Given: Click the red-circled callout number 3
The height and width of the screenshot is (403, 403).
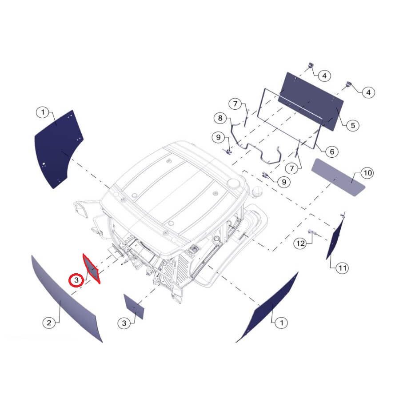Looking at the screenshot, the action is [x=76, y=280].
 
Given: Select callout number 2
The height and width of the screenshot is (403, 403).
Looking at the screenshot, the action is [x=49, y=323].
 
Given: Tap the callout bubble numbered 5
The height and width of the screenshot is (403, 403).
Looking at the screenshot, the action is [x=353, y=125].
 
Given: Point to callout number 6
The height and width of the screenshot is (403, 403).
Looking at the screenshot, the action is [x=332, y=152].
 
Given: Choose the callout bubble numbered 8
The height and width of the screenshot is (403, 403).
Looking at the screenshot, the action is [x=220, y=118].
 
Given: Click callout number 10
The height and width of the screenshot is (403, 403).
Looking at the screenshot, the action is [x=367, y=173].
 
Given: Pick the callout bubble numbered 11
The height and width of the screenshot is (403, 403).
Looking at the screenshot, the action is [x=342, y=268].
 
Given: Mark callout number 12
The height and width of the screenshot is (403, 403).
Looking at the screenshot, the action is [x=300, y=243].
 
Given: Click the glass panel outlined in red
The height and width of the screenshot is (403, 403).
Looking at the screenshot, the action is [x=91, y=268].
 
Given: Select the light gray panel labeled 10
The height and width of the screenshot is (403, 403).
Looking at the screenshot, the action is [x=338, y=177].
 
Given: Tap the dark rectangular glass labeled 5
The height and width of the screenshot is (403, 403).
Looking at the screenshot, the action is [x=311, y=101].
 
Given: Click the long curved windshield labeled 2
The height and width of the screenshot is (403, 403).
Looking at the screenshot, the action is [x=67, y=298].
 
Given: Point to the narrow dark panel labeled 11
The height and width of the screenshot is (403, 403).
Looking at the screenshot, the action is [x=335, y=238].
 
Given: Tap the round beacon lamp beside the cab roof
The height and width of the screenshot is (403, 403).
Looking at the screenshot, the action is [x=257, y=192].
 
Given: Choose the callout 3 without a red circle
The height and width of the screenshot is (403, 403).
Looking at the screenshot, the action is [x=124, y=323].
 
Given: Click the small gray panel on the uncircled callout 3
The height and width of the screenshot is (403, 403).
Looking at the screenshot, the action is [x=134, y=307].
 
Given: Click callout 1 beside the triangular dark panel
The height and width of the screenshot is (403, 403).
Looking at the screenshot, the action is [x=282, y=323].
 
